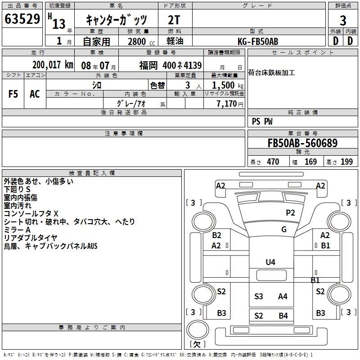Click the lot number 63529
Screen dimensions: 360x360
click(x=22, y=19)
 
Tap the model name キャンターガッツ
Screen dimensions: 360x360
click(x=116, y=20)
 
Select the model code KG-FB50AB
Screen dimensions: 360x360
click(x=258, y=41)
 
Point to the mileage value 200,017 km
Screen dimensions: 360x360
click(x=52, y=65)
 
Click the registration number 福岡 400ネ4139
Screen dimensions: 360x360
click(x=170, y=65)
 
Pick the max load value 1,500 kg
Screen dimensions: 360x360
click(x=227, y=85)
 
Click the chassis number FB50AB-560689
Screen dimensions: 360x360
click(x=302, y=144)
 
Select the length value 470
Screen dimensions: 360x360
click(x=273, y=162)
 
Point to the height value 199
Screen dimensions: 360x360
click(x=346, y=162)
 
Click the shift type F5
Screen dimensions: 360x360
click(x=13, y=94)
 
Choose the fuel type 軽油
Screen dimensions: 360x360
click(x=175, y=41)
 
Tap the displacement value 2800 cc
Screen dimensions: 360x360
click(x=138, y=41)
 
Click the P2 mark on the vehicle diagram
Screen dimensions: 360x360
click(x=290, y=213)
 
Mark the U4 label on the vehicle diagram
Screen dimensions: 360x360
click(x=270, y=262)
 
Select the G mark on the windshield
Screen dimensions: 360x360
click(x=284, y=229)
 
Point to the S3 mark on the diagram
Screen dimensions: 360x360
click(x=259, y=296)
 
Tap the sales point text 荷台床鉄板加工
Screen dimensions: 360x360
click(x=272, y=72)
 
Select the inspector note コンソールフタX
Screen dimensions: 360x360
click(x=31, y=213)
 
